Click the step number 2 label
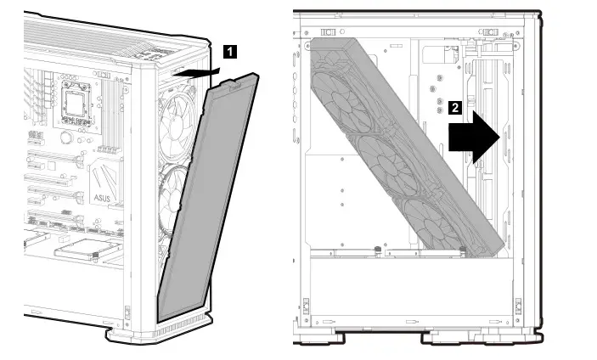(455, 108)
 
